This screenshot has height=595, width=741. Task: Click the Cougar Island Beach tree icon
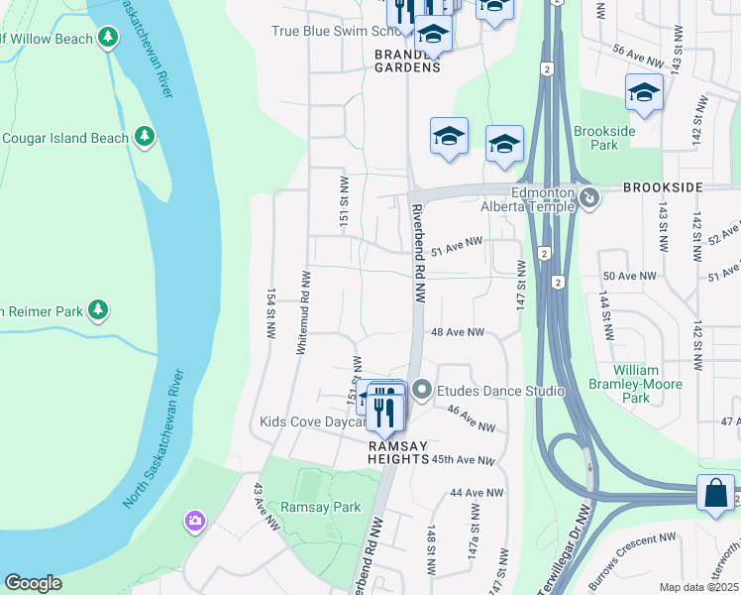145,137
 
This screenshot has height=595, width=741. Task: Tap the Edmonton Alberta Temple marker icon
589,198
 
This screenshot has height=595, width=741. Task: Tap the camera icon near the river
195,520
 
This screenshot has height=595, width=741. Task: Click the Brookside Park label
595,138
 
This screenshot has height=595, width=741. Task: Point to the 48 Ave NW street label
457,332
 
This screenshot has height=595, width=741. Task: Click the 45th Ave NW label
463,460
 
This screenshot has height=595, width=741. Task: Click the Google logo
33,583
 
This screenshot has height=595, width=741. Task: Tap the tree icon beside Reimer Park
97,310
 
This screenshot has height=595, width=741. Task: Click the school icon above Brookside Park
644,93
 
